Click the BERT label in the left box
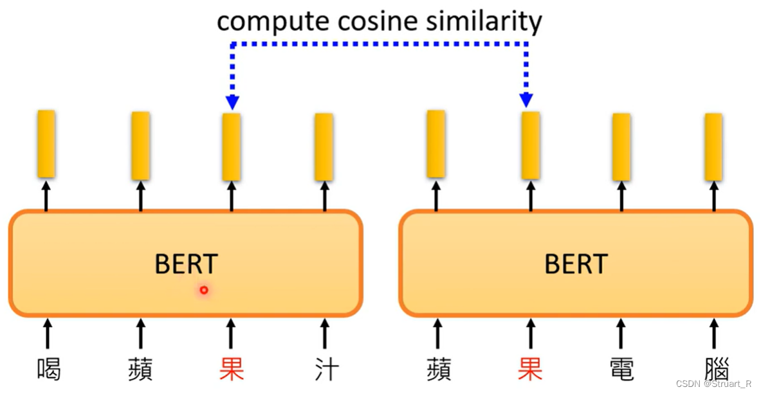(186, 264)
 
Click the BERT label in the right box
(576, 264)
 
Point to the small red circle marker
(204, 291)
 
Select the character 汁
(325, 370)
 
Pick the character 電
(621, 370)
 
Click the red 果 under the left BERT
(232, 370)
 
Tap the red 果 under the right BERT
(531, 370)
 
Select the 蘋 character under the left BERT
(140, 370)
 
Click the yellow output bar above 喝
(46, 144)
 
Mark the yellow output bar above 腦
(713, 147)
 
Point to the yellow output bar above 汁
(324, 147)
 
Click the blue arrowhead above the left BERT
(232, 102)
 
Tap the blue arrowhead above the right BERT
(527, 100)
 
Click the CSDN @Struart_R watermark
(713, 384)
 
